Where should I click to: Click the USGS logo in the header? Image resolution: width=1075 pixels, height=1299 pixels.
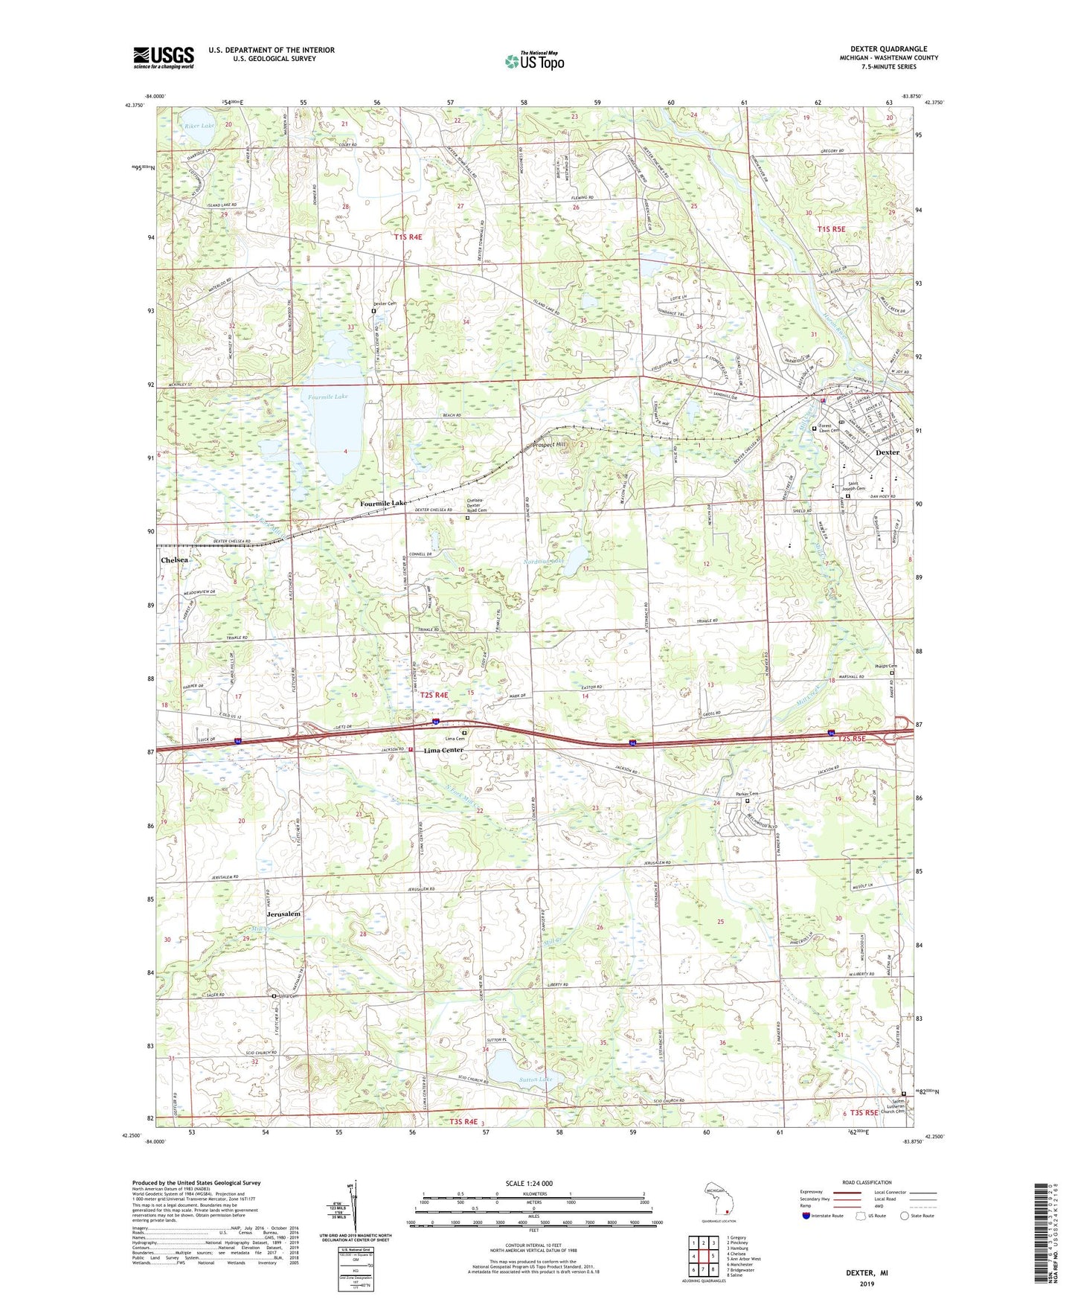[x=164, y=57]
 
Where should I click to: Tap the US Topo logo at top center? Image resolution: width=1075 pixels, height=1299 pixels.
[x=533, y=62]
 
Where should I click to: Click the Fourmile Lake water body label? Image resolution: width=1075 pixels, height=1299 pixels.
[x=328, y=397]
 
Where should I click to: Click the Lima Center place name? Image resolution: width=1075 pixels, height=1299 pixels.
[x=443, y=750]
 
